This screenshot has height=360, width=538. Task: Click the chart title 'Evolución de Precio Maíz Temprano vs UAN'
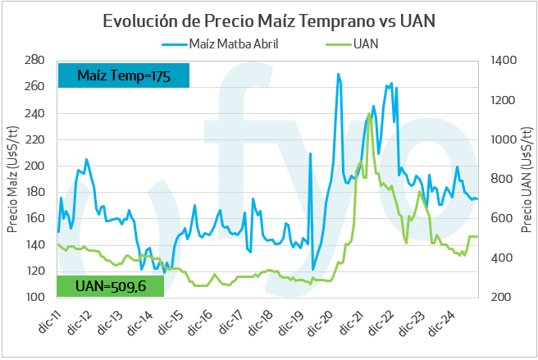coord(268,21)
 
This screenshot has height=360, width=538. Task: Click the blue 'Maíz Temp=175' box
coord(123,75)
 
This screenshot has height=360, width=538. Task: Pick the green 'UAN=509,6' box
coord(110,285)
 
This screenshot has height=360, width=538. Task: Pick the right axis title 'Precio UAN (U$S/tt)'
coord(526,178)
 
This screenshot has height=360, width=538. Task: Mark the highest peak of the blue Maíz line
coord(338,74)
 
